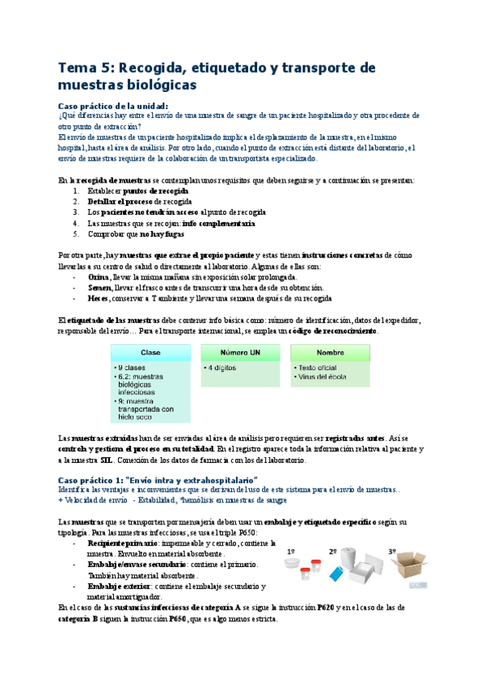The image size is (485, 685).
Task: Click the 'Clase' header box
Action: coord(150,353)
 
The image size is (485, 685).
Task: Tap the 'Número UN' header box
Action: coord(240,353)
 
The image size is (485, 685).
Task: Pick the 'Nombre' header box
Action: coord(330,353)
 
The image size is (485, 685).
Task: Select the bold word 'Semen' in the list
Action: coord(99,288)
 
